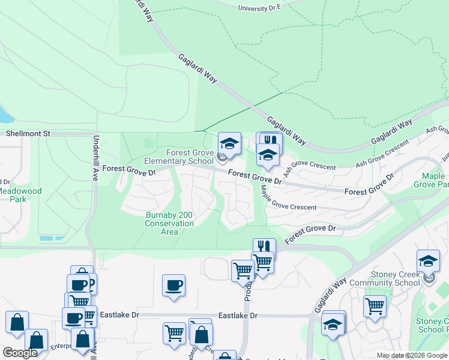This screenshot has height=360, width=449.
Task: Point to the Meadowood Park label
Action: coord(20,195)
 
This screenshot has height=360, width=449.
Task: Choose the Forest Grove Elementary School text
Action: coord(179,157)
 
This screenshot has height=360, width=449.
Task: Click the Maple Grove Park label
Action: coord(433,180)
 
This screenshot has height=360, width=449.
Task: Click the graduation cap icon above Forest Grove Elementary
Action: coord(229,143)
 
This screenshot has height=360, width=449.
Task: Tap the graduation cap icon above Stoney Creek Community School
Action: coord(428,261)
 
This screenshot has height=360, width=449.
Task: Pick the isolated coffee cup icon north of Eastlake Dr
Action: coord(173,285)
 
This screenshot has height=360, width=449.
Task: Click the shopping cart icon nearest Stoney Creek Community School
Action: coord(375,306)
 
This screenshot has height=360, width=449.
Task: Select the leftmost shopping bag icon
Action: coord(17,322)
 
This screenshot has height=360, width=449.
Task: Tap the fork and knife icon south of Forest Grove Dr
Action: coord(264,247)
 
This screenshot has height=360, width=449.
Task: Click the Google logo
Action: coord(20,353)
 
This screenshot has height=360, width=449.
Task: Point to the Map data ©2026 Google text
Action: coord(412,356)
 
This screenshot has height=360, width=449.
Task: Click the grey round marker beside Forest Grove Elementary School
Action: coord(222,159)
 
